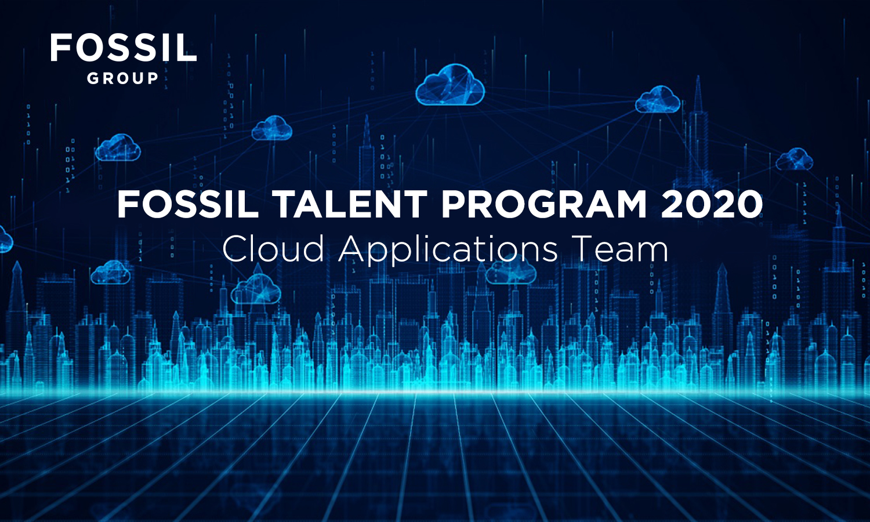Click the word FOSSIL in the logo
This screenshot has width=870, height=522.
(x=124, y=48)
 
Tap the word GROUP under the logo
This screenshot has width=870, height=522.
(x=123, y=78)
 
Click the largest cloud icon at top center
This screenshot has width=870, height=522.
(x=450, y=85)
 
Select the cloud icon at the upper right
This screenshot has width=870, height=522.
(x=658, y=99)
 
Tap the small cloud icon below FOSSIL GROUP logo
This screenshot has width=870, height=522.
(x=118, y=147)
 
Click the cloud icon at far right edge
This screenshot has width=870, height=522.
(x=795, y=159)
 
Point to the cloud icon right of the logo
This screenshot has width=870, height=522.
(x=272, y=128)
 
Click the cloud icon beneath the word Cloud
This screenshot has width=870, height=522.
(x=256, y=289)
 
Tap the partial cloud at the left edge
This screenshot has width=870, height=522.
(x=5, y=239)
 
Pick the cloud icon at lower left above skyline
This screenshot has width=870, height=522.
(x=111, y=272)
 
